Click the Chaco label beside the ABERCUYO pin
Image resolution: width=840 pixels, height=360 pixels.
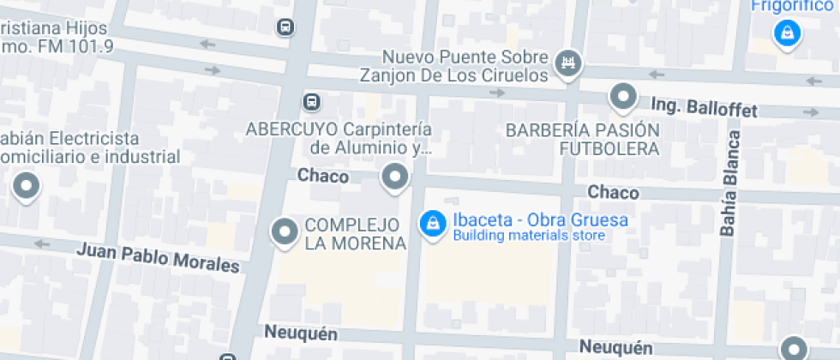point(323,176)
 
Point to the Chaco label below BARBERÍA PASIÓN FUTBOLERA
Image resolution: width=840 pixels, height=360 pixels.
point(614,191)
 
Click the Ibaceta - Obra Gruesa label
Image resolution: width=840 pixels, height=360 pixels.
point(540,220)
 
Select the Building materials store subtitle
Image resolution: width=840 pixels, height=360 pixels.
point(529,236)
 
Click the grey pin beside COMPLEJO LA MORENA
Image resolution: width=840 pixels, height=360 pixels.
point(284,231)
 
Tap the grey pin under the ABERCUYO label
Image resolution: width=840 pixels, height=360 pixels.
point(394,177)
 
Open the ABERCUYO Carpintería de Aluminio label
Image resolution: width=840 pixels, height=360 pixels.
point(339,139)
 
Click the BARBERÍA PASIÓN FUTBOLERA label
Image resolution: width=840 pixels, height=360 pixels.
point(583,140)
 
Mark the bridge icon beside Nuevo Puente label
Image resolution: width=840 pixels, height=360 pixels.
point(567,62)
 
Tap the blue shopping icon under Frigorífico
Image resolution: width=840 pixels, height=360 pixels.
point(785,33)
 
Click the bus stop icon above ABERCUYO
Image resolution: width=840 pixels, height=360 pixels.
point(312,102)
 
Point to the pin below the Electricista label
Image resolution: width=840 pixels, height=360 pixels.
point(27,185)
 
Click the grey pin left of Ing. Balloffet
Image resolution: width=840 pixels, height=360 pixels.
point(623,96)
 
